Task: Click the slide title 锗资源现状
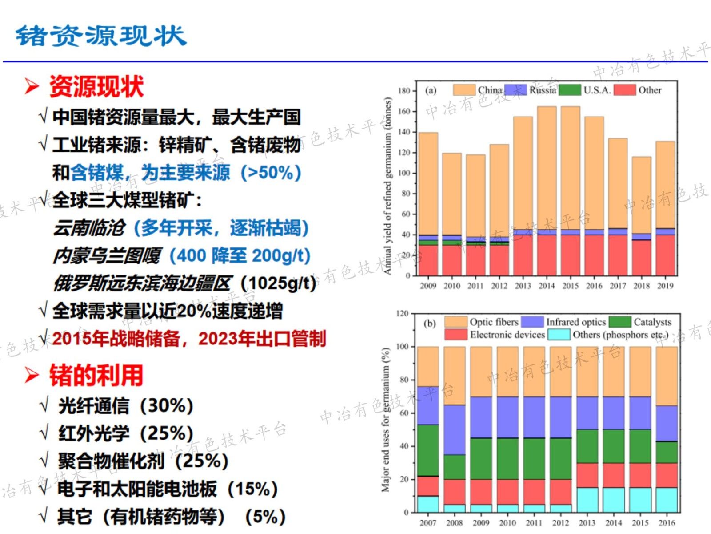point(101,36)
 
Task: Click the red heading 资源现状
point(96,86)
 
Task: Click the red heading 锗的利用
point(96,375)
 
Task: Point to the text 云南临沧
point(89,228)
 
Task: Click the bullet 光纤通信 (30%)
point(126,405)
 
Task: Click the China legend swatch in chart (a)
point(464,90)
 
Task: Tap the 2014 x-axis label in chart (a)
point(547,286)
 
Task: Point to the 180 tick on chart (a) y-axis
point(404,91)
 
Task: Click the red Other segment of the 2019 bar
point(665,255)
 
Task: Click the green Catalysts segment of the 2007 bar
point(428,449)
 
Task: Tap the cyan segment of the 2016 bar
point(667,500)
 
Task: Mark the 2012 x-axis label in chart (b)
point(560,523)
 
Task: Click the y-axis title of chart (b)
point(386,420)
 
